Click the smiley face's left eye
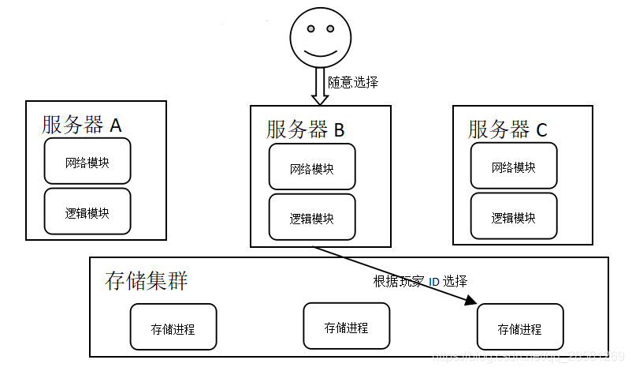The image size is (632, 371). tap(310, 29)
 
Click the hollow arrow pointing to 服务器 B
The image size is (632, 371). tap(319, 86)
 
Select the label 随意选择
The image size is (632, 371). tap(353, 82)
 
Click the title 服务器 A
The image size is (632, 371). tap(82, 125)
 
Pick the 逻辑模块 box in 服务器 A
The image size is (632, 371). tap(87, 212)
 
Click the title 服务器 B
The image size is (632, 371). tap(306, 129)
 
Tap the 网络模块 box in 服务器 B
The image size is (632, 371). tap(312, 167)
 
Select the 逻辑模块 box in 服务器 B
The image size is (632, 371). tap(312, 217)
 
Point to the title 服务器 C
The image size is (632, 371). tap(507, 129)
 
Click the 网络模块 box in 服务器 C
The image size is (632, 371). tap(514, 167)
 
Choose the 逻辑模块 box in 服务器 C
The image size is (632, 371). tap(514, 216)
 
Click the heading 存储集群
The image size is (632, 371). tap(146, 281)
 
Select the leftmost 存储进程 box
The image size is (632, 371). tap(173, 328)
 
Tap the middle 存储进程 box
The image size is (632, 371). tap(346, 326)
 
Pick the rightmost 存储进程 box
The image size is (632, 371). tap(519, 328)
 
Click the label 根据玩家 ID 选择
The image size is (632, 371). tap(420, 281)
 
